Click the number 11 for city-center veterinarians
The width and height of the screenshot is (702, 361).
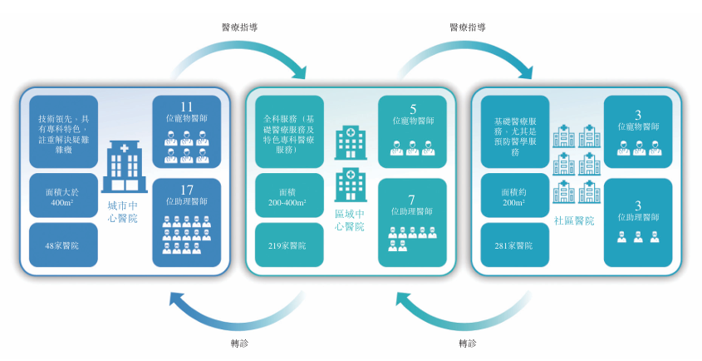click(x=187, y=106)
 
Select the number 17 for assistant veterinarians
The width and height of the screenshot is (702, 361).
click(x=187, y=190)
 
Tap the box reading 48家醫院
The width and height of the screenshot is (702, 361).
click(x=63, y=245)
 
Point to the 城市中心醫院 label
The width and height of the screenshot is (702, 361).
click(x=122, y=211)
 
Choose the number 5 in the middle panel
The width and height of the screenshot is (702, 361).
click(x=413, y=109)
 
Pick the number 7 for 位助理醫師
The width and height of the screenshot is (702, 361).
click(x=412, y=200)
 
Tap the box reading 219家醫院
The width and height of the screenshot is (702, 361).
click(x=288, y=245)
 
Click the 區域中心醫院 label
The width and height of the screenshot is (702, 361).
click(x=348, y=220)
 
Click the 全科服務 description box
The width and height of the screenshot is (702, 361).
click(x=288, y=133)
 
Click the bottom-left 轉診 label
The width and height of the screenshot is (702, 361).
click(x=239, y=344)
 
